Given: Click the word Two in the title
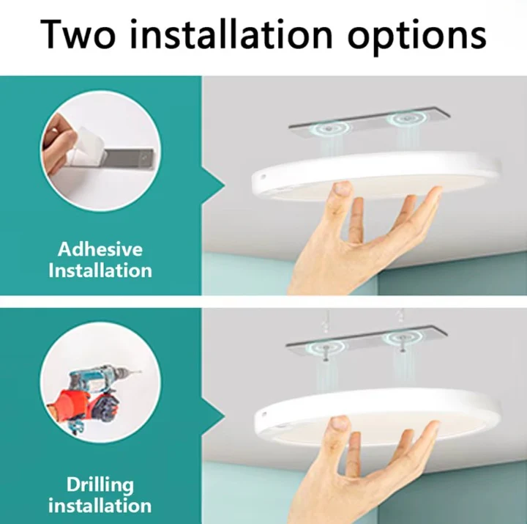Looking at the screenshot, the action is click(78, 34).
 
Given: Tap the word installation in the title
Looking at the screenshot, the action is click(231, 33).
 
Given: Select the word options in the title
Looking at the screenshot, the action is click(416, 37).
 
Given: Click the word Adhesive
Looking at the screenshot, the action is click(100, 249).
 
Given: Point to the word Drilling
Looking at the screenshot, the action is click(100, 486).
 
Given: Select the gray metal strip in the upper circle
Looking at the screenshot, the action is click(130, 159).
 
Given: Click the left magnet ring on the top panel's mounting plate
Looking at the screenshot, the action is click(332, 128).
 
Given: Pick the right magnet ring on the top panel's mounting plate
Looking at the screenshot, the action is click(406, 119).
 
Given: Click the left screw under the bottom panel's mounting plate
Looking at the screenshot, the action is click(325, 354).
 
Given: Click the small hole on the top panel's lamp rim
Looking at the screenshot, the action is click(263, 177).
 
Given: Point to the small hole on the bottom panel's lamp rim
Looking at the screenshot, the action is click(264, 413).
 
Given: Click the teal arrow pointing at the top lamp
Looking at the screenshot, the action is click(213, 185).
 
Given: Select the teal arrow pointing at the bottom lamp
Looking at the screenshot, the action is click(213, 418).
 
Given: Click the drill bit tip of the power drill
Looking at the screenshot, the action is click(141, 372).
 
